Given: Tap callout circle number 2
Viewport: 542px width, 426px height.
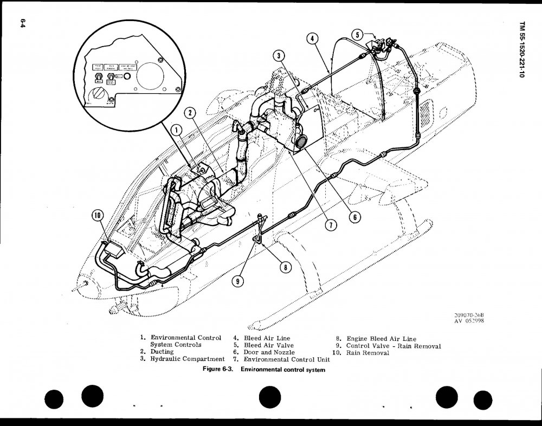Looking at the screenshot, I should click(x=189, y=113).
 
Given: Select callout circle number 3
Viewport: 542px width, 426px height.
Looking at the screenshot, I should click(x=278, y=56).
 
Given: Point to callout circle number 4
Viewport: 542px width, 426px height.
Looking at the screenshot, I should click(x=311, y=38).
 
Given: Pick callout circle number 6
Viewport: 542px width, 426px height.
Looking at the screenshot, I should click(x=353, y=217).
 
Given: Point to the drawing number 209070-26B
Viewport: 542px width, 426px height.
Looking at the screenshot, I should click(x=469, y=314).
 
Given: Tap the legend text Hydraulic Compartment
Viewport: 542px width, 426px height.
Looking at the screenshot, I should click(x=187, y=359).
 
